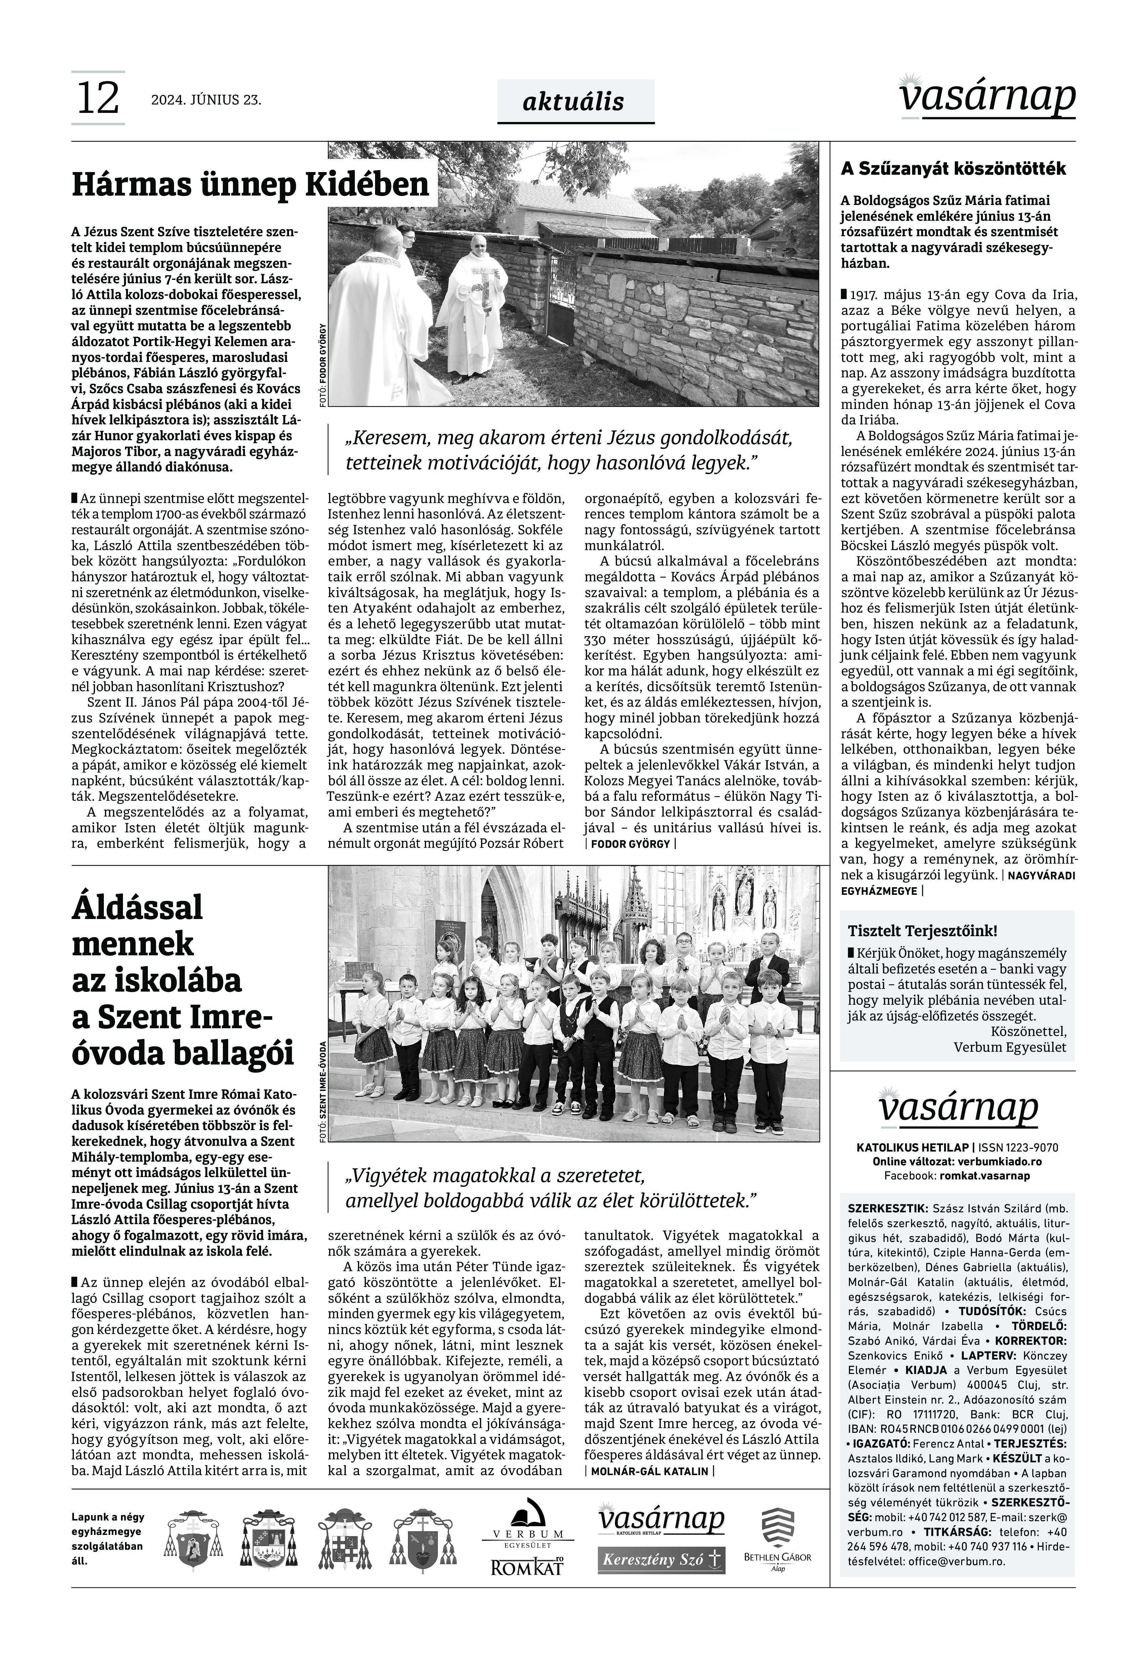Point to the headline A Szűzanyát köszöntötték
tap(953, 170)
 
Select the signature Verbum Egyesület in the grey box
tap(1010, 1047)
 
